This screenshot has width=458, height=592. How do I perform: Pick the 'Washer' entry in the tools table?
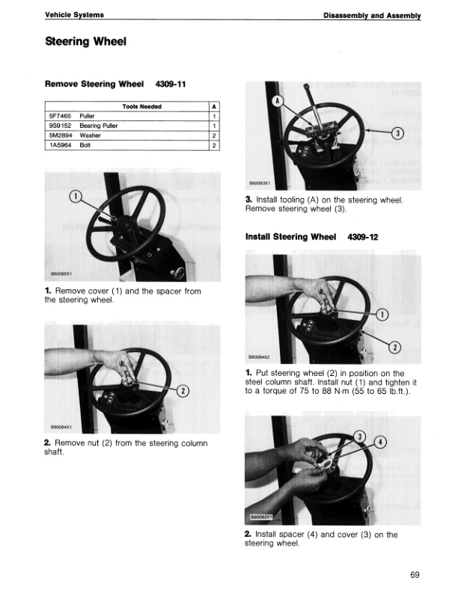click(x=90, y=136)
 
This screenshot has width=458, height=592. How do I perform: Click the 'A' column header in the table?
click(x=214, y=107)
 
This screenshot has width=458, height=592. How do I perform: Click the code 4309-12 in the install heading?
click(x=363, y=237)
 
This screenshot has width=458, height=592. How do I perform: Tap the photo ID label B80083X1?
click(x=260, y=181)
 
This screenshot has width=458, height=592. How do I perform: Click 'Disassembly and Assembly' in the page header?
click(x=372, y=15)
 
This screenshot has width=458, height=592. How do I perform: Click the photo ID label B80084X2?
click(x=260, y=357)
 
